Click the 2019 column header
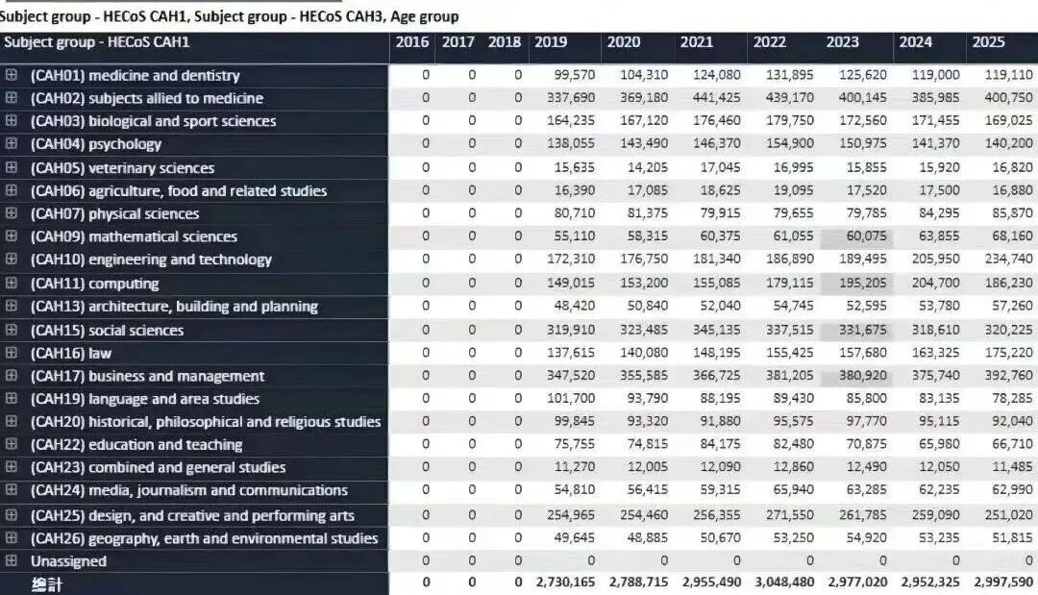(x=550, y=42)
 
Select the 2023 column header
(x=842, y=42)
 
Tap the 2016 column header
(x=411, y=42)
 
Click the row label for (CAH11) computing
(x=94, y=284)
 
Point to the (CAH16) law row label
(x=71, y=353)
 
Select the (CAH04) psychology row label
(x=96, y=143)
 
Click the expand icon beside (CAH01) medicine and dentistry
(x=12, y=75)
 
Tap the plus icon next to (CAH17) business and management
(x=12, y=375)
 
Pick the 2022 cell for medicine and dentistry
(x=790, y=75)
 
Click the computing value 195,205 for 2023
(x=862, y=283)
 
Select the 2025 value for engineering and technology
(x=1008, y=259)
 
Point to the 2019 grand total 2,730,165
(x=565, y=582)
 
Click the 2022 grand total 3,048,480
(x=784, y=582)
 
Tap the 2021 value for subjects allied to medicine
(x=717, y=97)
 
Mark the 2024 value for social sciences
(x=935, y=330)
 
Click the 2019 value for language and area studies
(x=571, y=399)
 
